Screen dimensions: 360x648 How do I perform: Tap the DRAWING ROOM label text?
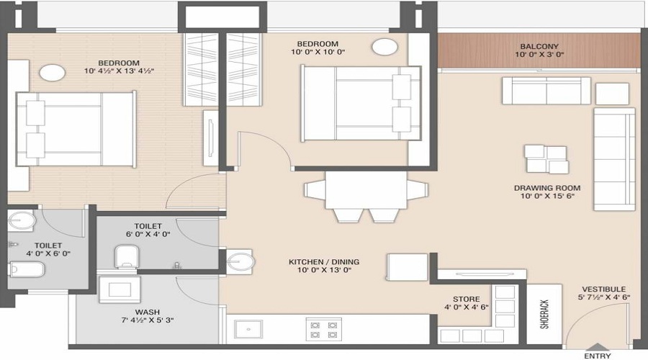coord(546,189)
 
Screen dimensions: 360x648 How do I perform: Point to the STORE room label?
coord(466,299)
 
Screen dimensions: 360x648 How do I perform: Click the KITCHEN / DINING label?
coord(324,262)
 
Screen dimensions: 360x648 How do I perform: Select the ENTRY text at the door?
coord(597,355)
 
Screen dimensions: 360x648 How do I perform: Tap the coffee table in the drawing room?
coord(546,159)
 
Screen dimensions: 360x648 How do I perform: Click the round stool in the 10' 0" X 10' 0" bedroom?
coord(385,48)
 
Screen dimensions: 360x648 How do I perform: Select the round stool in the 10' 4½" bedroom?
coord(53,73)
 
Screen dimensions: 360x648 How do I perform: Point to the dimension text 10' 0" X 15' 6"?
coord(546,198)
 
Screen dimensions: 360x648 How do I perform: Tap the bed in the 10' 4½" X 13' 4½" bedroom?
coord(76,130)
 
